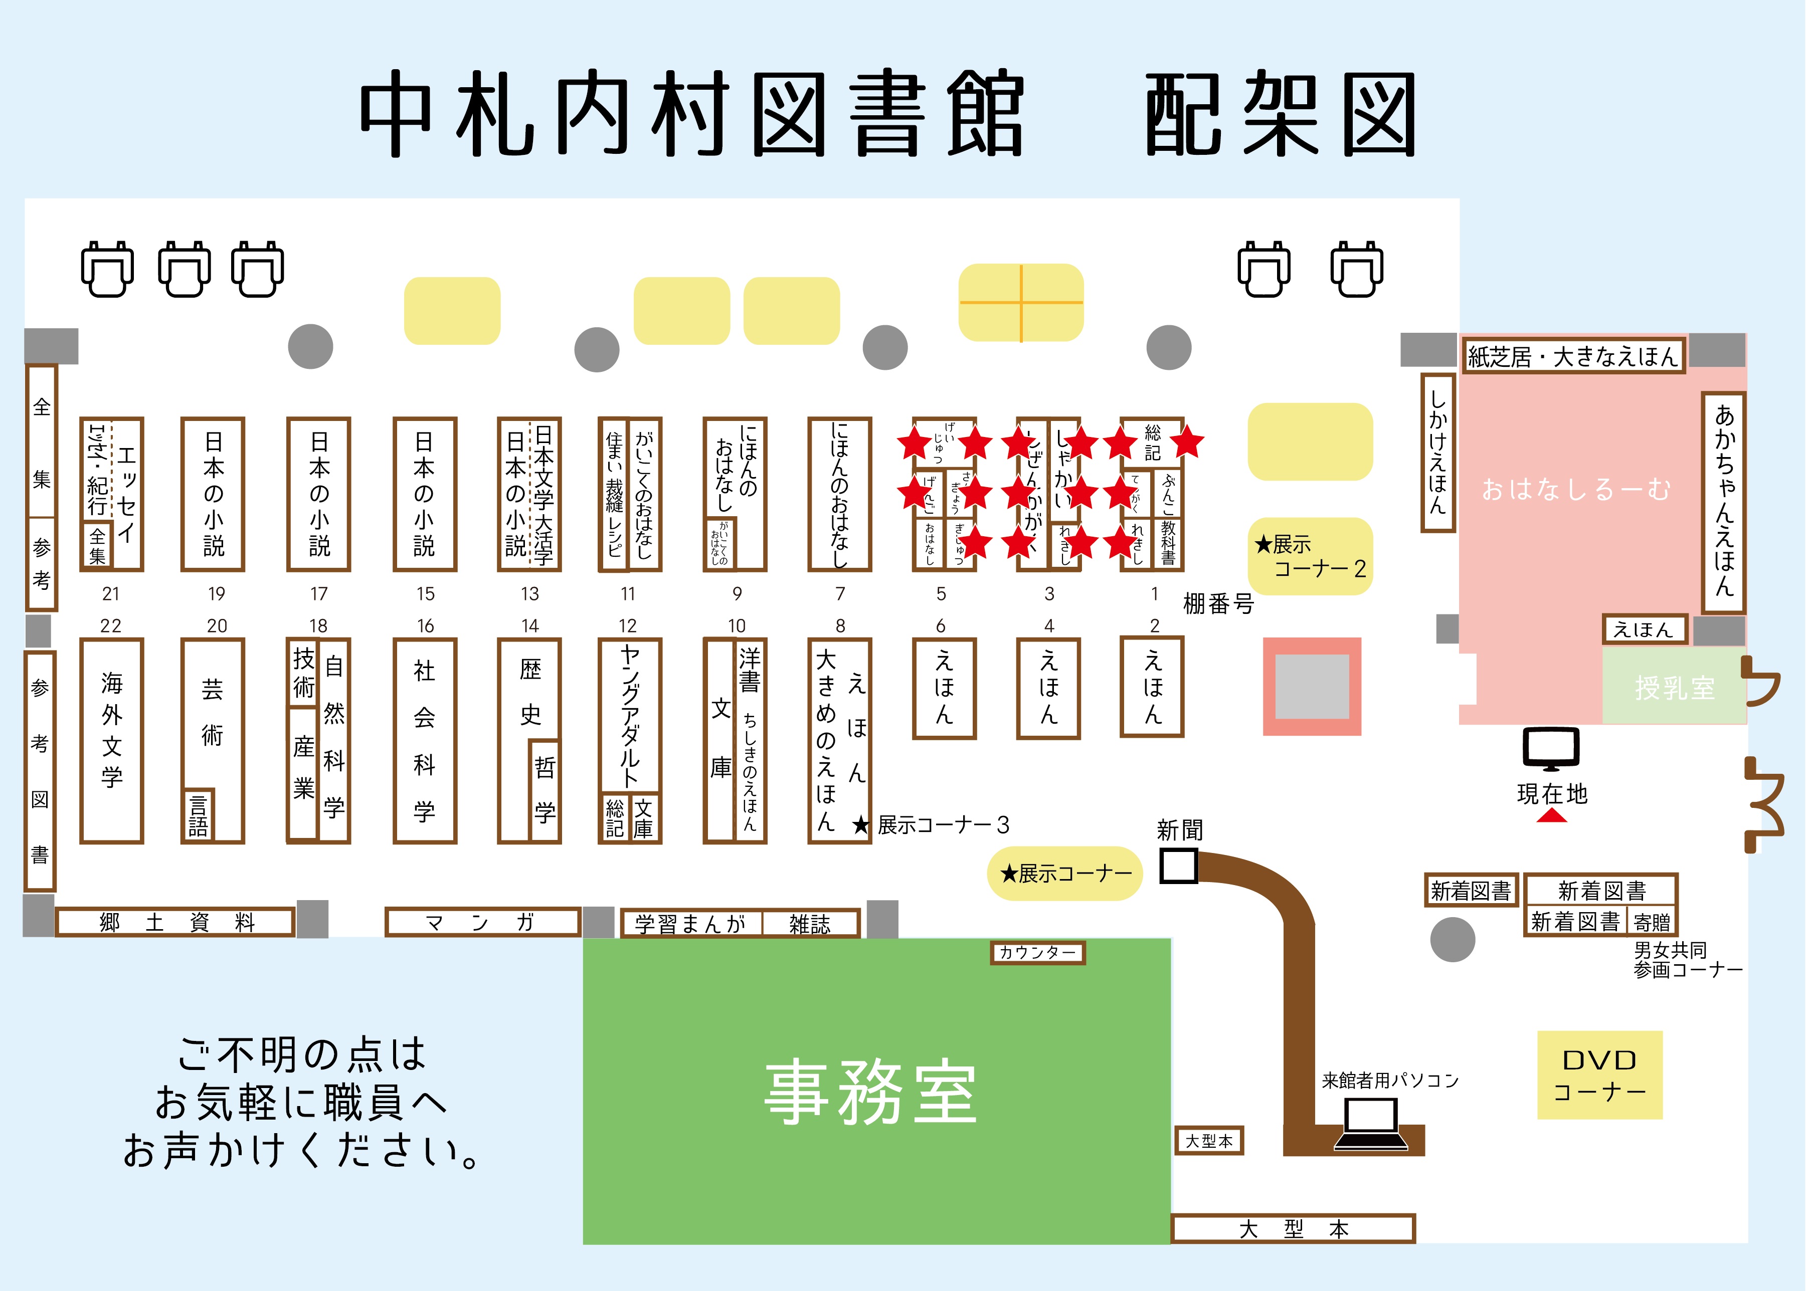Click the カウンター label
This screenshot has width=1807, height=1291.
tap(1037, 952)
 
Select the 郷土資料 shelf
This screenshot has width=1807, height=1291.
tap(175, 922)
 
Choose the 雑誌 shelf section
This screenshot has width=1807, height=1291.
tap(810, 924)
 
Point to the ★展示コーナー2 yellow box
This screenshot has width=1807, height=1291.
tap(1310, 556)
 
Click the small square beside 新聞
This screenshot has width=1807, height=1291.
tap(1178, 866)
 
